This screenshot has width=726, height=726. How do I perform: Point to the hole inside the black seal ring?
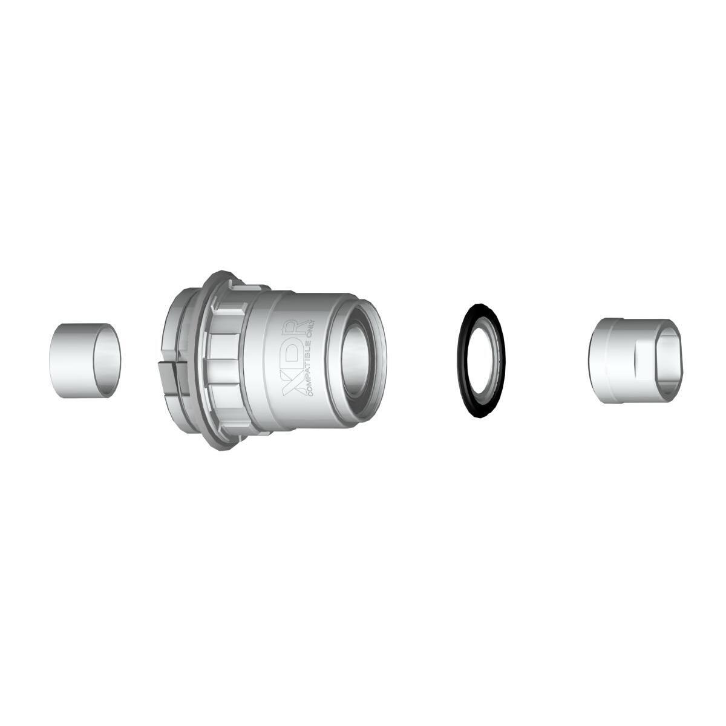[x=480, y=361]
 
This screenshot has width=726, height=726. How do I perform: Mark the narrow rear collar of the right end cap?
[x=599, y=361]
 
